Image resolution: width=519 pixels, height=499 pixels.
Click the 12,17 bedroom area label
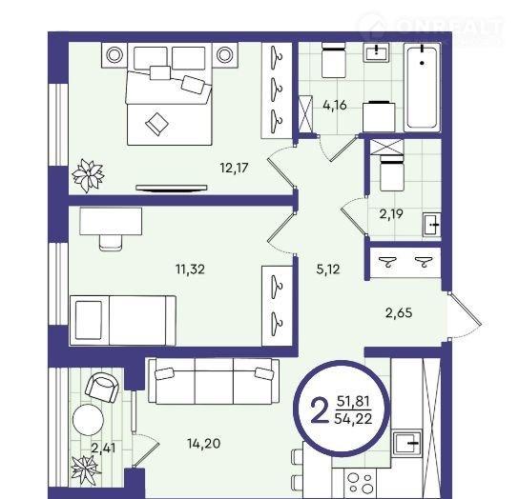pos(234,168)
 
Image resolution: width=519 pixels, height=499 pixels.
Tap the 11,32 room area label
pos(190,269)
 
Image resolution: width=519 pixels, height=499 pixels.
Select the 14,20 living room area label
pos(204,443)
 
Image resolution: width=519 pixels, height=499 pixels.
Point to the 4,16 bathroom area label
pos(335,105)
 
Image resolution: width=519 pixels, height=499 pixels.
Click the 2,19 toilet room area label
pos(391,214)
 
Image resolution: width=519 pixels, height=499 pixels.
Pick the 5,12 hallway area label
pos(328,269)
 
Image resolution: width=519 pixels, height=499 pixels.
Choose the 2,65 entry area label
pos(399,312)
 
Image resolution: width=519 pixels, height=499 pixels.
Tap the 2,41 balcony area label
pos(104,449)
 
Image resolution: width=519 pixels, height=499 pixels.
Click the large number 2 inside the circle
pos(319,410)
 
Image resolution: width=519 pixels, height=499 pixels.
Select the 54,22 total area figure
pos(353,419)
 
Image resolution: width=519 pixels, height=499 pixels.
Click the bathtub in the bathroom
pos(422,88)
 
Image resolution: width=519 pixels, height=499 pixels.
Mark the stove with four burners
pos(361,483)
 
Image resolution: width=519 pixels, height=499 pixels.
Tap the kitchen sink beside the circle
pos(407,443)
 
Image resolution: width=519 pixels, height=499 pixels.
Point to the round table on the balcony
pos(88,420)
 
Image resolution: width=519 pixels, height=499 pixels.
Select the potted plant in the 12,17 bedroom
pos(88,175)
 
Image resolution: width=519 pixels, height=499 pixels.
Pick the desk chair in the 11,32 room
pos(111,243)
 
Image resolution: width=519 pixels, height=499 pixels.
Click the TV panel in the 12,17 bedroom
pos(172,188)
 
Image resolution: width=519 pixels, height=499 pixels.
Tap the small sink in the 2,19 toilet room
pos(431,225)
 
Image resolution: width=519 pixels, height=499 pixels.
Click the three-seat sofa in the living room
pos(214,381)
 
